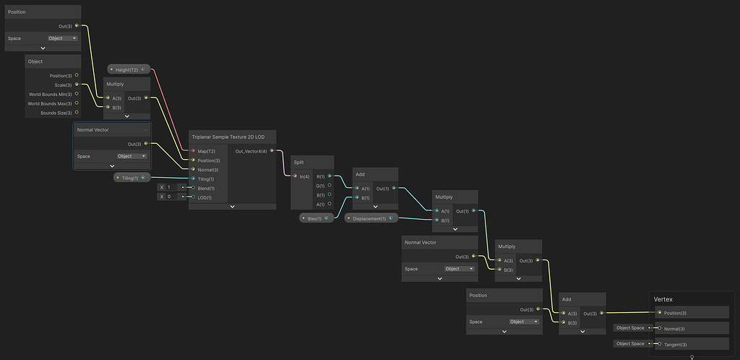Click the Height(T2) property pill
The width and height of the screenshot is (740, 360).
pyautogui.click(x=128, y=69)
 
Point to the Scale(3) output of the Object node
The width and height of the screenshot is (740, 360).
pyautogui.click(x=77, y=85)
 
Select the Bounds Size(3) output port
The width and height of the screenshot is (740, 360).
pyautogui.click(x=77, y=113)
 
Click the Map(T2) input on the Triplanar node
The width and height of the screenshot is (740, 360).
pyautogui.click(x=194, y=151)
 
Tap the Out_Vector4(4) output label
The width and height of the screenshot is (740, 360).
pyautogui.click(x=251, y=151)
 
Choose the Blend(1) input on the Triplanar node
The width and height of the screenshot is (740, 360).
pyautogui.click(x=194, y=187)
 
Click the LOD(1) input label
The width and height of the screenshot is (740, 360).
pyautogui.click(x=207, y=197)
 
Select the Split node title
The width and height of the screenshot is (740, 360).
pyautogui.click(x=298, y=162)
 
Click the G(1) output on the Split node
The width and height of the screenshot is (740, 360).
pyautogui.click(x=330, y=185)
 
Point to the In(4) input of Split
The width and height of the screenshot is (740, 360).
pyautogui.click(x=295, y=176)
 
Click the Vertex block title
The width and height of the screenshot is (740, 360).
pyautogui.click(x=663, y=299)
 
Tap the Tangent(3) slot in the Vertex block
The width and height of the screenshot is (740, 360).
pyautogui.click(x=675, y=344)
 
